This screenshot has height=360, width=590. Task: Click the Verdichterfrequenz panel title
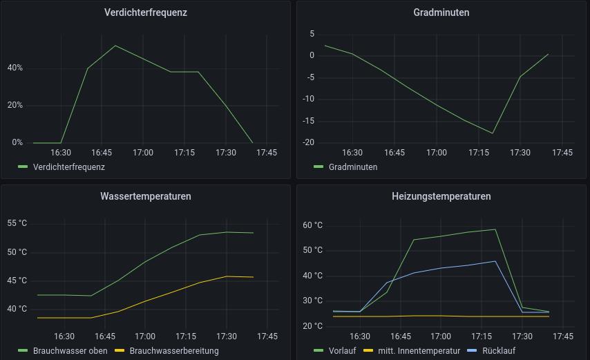point(146,12)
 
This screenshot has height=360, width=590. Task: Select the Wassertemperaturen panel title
point(146,196)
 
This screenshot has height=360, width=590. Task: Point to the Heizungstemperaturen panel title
point(441,196)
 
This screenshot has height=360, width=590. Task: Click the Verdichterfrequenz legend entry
point(68,167)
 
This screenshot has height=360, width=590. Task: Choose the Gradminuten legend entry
point(353,167)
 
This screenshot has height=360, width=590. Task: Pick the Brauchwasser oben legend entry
point(69,350)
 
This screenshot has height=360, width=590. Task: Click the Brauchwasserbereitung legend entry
point(173,350)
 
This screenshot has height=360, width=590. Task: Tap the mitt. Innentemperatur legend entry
point(419,350)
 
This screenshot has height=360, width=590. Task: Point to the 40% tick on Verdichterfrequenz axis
point(15,68)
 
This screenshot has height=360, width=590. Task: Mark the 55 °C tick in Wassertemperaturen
point(17,223)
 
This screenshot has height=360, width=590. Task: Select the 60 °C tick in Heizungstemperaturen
point(313,225)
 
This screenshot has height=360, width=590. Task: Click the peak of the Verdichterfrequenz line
point(115,46)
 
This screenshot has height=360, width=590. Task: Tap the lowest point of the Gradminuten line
point(493,133)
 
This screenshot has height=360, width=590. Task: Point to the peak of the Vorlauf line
point(495,229)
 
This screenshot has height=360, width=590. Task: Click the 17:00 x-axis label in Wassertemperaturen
point(145,337)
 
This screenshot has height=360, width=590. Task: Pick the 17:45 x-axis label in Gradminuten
point(562,153)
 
